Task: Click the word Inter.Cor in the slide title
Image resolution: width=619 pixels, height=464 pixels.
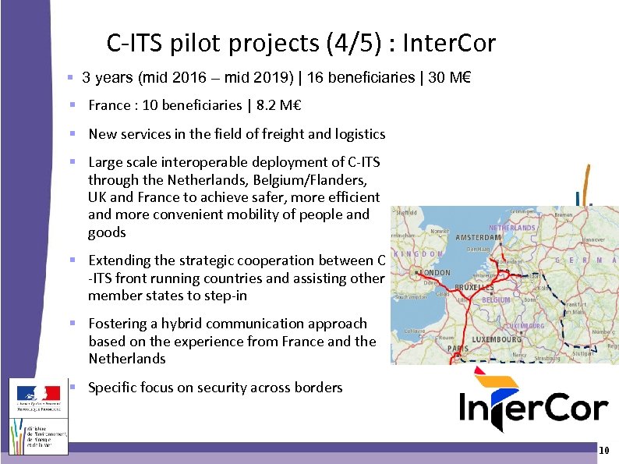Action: [448, 44]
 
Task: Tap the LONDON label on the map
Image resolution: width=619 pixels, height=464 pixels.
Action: [435, 273]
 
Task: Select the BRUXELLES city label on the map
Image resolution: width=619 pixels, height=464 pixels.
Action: [474, 287]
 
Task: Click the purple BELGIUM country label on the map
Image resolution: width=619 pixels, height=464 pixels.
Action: [496, 299]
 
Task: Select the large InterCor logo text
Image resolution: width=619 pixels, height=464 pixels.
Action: [533, 407]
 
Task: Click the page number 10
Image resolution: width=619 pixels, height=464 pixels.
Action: [603, 452]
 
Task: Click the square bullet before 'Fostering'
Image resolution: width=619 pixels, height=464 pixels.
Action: [71, 324]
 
